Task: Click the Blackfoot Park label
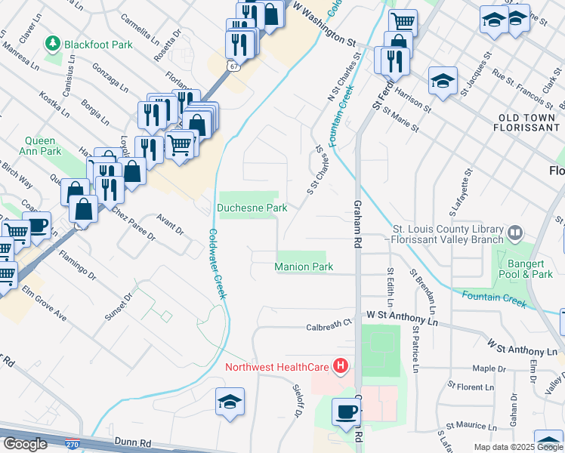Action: tap(98, 45)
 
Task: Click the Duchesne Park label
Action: tap(252, 207)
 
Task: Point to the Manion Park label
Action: tap(304, 267)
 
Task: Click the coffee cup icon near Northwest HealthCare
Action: tap(347, 413)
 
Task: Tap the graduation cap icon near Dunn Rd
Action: tap(230, 402)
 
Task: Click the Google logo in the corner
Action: tap(25, 444)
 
